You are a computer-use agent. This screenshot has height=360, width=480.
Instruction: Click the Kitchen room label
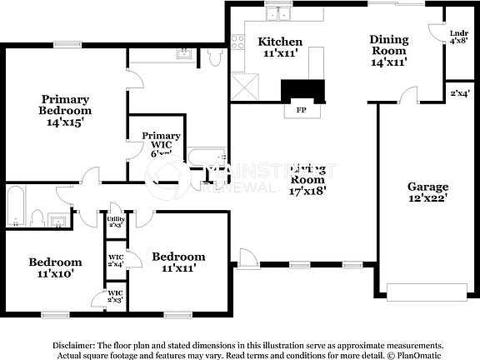pos(279,47)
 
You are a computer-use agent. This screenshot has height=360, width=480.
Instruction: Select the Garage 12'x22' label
pos(427,192)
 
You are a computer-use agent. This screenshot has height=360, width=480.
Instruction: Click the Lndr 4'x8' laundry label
pos(458,37)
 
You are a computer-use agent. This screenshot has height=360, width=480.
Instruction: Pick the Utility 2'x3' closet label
pos(116,221)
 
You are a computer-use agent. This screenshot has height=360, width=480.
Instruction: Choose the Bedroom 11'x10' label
pos(55,267)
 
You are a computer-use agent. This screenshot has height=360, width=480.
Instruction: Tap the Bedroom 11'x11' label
pos(177,262)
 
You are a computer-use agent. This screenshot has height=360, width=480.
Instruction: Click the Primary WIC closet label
pos(161,142)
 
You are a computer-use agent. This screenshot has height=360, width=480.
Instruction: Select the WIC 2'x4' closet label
pos(116,260)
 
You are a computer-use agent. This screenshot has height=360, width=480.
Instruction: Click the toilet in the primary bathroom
pos(214,56)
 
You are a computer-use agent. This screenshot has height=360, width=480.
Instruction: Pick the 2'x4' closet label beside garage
pos(459,92)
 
